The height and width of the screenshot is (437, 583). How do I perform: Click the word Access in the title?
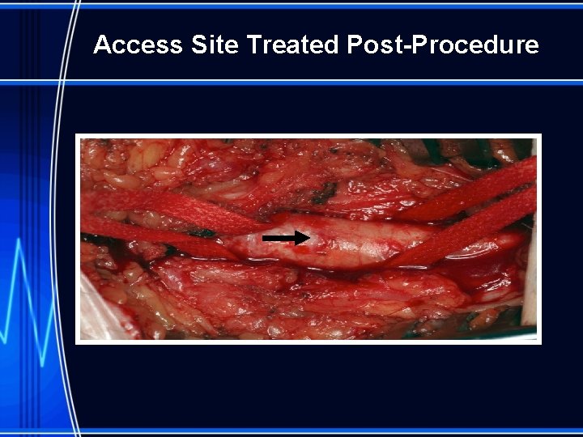coord(138,45)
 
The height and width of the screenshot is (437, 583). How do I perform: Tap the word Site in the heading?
coord(215,45)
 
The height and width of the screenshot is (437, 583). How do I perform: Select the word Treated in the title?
coord(292,45)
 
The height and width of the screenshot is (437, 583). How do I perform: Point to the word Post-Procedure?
coord(443,45)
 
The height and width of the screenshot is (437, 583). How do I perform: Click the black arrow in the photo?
coord(286,238)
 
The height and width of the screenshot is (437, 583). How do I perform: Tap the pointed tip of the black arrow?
coord(308,238)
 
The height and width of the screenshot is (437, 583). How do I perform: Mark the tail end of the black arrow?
coord(265,238)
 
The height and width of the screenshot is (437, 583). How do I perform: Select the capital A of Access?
coord(102,45)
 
